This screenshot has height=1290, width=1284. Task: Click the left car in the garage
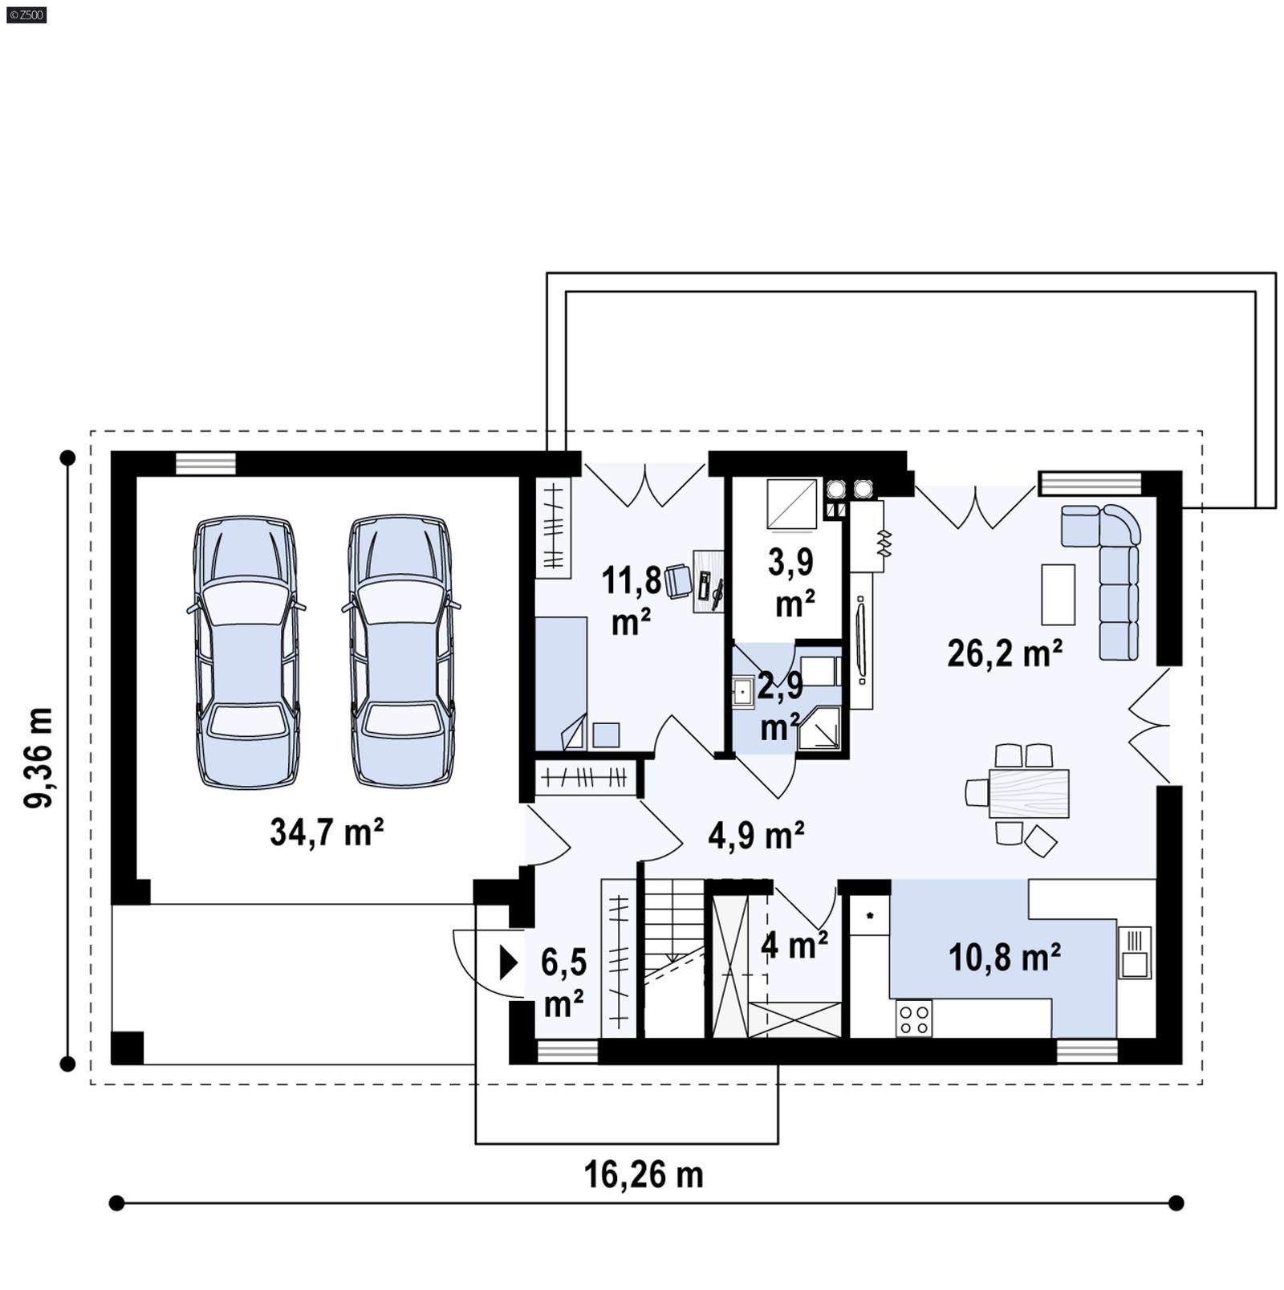point(246,652)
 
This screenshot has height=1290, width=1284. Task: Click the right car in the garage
point(400,652)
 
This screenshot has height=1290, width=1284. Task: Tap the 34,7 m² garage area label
point(326,832)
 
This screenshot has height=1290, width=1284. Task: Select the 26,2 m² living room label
point(1005,653)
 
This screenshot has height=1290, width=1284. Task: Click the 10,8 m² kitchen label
point(1004,957)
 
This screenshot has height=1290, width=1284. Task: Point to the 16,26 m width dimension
point(643,1175)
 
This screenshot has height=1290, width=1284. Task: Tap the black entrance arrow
point(509,962)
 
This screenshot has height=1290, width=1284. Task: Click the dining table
point(1029,793)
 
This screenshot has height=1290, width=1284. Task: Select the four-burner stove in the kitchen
point(914,1019)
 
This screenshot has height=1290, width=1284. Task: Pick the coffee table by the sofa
point(1058,594)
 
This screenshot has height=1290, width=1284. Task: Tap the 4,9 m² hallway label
point(756,836)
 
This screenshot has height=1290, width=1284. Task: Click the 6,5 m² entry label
point(563,981)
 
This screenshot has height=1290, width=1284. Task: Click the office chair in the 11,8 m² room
point(678,580)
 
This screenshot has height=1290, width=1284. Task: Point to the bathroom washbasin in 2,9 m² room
point(742,691)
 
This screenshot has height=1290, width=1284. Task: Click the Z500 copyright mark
point(25,14)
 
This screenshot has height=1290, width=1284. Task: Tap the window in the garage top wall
point(205,463)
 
